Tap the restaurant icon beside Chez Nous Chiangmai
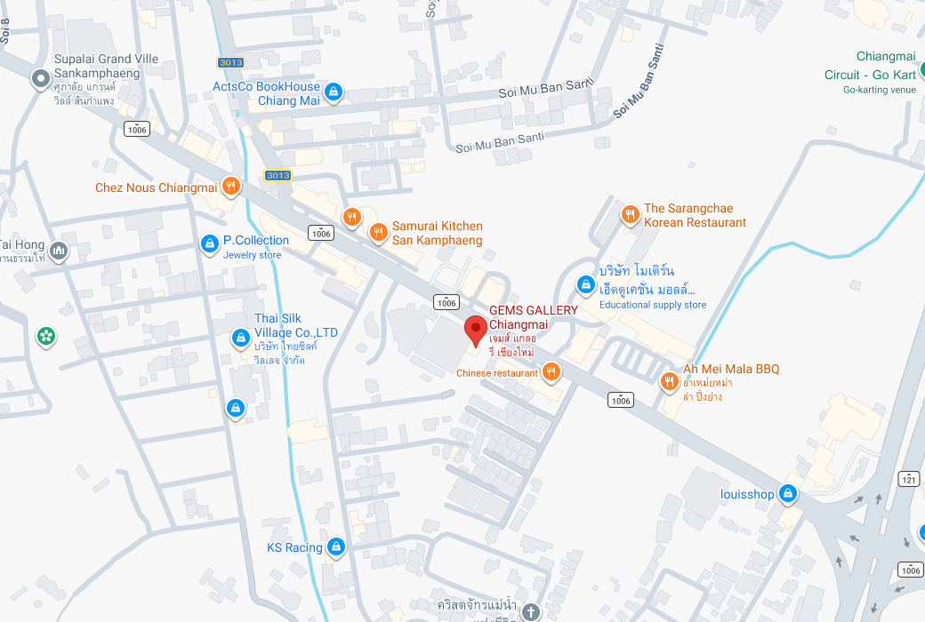coord(231,186)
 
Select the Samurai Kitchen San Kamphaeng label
coord(437,233)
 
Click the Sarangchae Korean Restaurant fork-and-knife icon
coord(630,214)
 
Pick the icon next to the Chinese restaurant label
coord(551,372)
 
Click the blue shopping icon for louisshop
coord(787,493)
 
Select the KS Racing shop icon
coord(336,546)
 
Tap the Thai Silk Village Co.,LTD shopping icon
coord(239,338)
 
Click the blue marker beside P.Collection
coord(209,243)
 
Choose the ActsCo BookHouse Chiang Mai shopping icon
coord(333,92)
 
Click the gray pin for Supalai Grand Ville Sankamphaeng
coord(40,79)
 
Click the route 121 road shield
coord(908,478)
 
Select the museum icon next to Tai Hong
coord(59,251)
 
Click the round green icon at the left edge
coord(44,336)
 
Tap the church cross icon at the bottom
coord(530,611)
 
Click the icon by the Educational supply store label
coord(585,284)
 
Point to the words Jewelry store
coord(252,255)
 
